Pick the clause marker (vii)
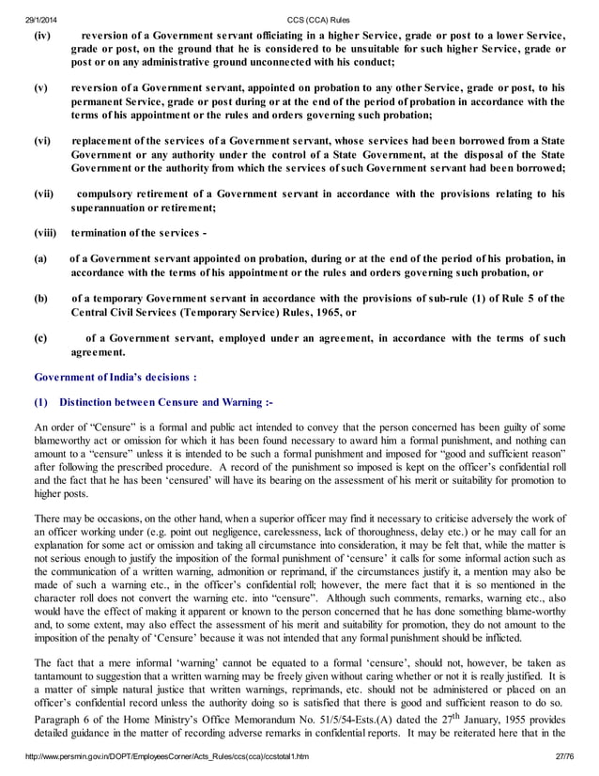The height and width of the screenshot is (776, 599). tap(44, 194)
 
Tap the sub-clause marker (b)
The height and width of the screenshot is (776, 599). tap(40, 299)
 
